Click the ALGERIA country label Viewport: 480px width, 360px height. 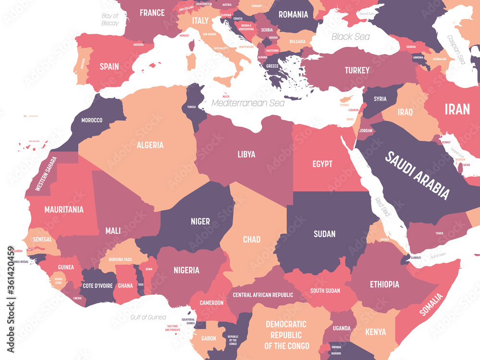point(150,145)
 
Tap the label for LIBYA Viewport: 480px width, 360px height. point(246,154)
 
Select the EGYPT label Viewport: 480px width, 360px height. point(322,164)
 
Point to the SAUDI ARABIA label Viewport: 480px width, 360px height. point(418,175)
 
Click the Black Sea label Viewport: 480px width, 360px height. point(350,36)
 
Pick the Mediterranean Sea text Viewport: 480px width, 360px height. point(248,103)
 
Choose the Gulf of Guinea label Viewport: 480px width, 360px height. point(148,317)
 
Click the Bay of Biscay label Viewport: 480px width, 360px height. point(110,19)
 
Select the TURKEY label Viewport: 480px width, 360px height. point(357,71)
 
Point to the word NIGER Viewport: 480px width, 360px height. point(200,221)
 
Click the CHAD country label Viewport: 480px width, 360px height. point(252,239)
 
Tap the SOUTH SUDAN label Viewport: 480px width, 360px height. point(325,290)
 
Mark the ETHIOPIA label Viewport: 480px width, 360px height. point(384,284)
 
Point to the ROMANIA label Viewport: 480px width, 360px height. point(293,14)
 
